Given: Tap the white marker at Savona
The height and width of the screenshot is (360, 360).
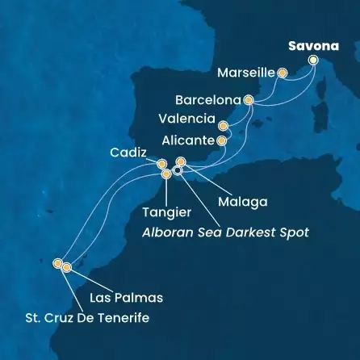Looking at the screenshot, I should (313, 60).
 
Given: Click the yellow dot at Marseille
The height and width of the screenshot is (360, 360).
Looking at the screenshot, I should (283, 73).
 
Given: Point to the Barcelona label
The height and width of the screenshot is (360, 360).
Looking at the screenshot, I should (207, 102).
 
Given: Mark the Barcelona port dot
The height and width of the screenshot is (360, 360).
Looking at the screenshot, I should (248, 101).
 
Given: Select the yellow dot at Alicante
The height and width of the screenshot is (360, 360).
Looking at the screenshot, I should (220, 141).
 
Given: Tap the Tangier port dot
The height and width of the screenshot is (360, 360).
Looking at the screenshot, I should (166, 174).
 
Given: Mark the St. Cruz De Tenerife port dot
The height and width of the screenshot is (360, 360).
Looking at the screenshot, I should (57, 262).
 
